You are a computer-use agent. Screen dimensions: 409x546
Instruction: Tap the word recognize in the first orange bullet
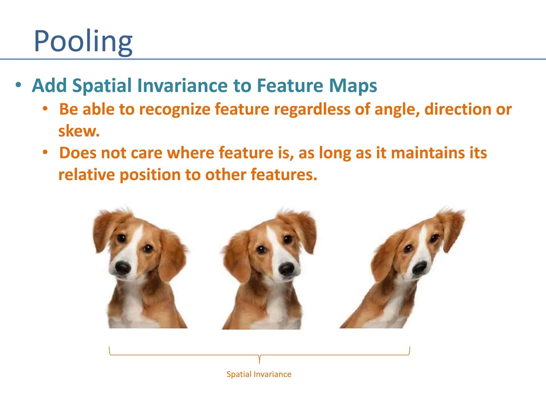tap(175, 109)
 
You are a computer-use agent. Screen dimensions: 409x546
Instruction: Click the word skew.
tap(79, 131)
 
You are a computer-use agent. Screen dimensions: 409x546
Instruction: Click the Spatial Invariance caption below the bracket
tap(259, 374)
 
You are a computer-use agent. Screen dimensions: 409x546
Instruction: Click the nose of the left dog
tap(123, 267)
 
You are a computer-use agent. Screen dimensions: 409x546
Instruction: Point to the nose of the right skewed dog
tap(420, 268)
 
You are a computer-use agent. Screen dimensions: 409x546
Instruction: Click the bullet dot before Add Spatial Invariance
tap(18, 85)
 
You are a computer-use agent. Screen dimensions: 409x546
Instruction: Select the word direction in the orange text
tap(457, 109)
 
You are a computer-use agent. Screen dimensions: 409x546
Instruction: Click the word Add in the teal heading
tap(49, 85)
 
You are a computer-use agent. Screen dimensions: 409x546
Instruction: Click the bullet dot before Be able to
tap(45, 109)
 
